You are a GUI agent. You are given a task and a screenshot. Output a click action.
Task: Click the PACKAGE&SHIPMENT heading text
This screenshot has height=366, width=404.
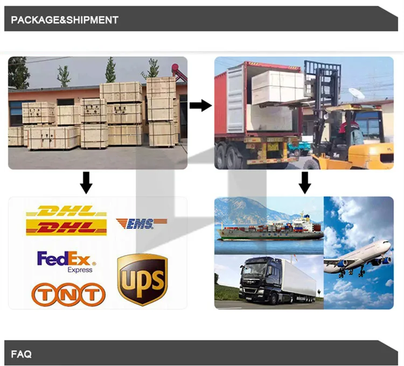65,20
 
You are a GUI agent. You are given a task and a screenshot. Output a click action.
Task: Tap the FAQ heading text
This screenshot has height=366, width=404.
22,354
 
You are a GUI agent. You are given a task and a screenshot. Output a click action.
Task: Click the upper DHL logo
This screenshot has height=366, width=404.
66,210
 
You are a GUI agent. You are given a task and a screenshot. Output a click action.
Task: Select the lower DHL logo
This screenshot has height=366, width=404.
66,228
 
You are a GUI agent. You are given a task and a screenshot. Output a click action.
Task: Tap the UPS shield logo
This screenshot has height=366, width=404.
142,280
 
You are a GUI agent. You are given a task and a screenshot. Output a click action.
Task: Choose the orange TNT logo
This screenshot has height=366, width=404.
68,294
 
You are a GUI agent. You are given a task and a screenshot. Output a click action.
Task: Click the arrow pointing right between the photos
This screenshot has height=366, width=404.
200,105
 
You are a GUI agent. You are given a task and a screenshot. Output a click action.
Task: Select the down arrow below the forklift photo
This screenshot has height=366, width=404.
305,183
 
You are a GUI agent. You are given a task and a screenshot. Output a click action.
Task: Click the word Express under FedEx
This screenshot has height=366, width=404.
80,270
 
